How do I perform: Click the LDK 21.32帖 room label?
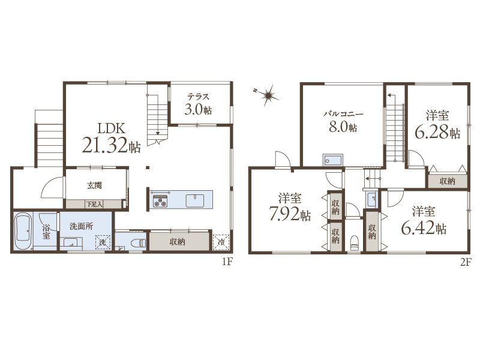tap(112, 138)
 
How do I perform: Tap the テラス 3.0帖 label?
tap(199, 104)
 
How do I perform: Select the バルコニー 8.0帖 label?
tap(343, 122)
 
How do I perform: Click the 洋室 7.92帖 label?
tap(290, 207)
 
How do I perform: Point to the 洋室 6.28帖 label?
tap(437, 125)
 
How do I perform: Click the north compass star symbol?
tap(268, 96)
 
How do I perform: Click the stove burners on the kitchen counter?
tap(160, 201)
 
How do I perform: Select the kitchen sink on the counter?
tap(195, 201)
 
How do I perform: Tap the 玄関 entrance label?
tap(94, 185)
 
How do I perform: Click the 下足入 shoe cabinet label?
tap(94, 204)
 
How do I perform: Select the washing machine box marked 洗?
tap(103, 242)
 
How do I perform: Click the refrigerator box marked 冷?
tap(221, 242)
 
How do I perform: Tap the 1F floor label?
tap(227, 262)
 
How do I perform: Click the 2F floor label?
tap(465, 262)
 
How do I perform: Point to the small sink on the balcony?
tap(333, 160)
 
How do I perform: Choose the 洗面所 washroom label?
tap(82, 226)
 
